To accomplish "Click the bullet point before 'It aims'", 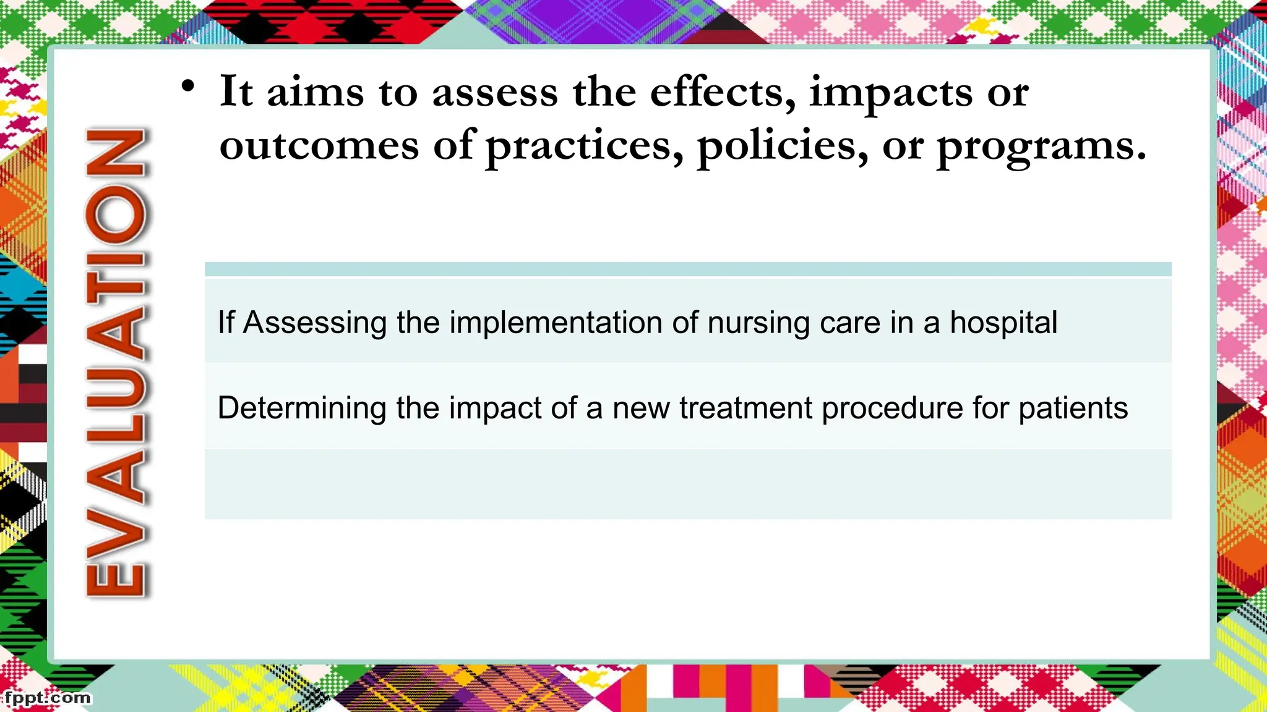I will click(x=188, y=87).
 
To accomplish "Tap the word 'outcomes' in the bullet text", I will click(x=319, y=146).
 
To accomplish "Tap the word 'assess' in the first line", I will click(x=495, y=93).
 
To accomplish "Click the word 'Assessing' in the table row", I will click(x=314, y=323).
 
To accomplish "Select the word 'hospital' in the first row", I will click(x=1003, y=323).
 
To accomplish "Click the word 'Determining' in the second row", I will click(x=302, y=408).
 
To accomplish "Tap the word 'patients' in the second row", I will click(x=1073, y=409).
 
